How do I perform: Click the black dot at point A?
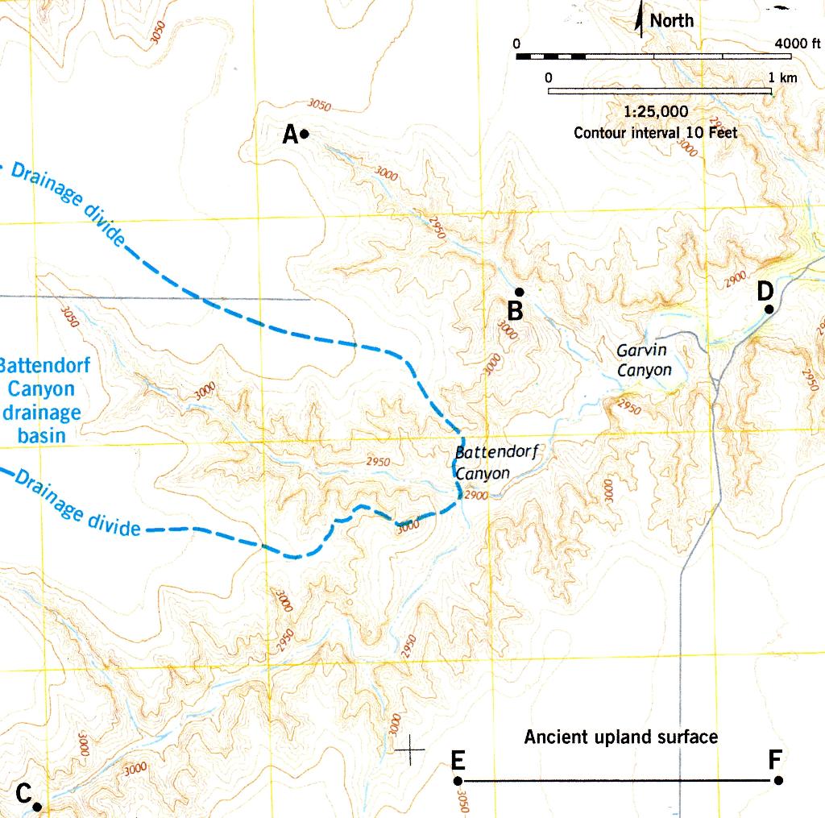tap(305, 135)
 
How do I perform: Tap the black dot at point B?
tap(520, 292)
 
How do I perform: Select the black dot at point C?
tap(37, 805)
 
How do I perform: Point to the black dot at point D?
tap(769, 309)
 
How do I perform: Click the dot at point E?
tap(458, 780)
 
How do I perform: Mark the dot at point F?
tap(778, 780)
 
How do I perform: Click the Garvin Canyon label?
tap(644, 360)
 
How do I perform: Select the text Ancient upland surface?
tap(620, 737)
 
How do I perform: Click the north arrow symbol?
tap(640, 18)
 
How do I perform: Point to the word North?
tap(671, 21)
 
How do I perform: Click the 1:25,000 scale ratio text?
tap(656, 111)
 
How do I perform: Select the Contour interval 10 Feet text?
tap(655, 133)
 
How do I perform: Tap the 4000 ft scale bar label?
tap(797, 43)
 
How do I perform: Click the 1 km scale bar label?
tap(782, 77)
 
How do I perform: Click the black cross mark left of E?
tap(411, 749)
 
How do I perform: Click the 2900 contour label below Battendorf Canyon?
tap(476, 496)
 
